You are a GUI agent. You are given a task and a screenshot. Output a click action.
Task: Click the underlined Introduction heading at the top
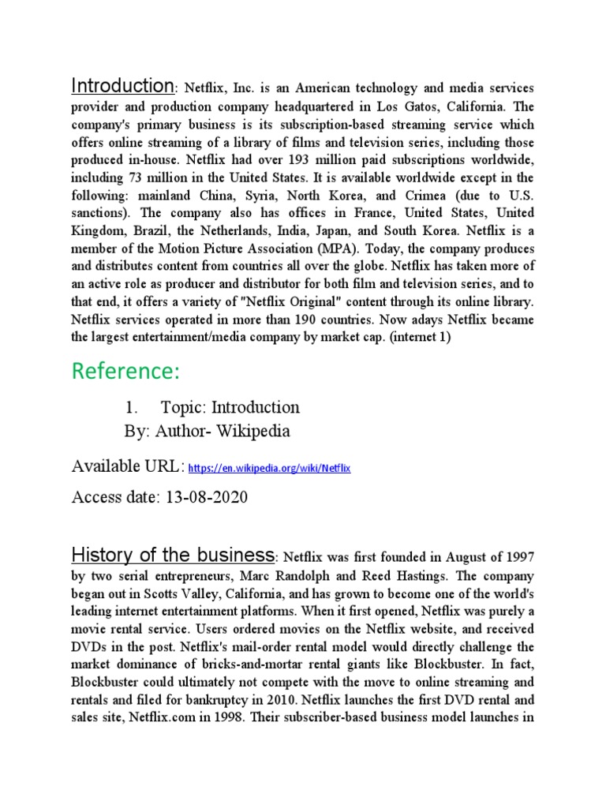(122, 85)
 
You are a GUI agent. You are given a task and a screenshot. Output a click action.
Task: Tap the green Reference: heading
(125, 370)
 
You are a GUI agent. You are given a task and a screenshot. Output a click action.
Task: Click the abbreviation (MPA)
(332, 249)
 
